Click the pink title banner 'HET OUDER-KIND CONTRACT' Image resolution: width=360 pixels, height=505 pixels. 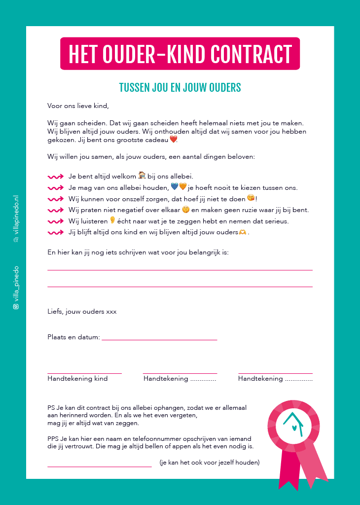[180, 54]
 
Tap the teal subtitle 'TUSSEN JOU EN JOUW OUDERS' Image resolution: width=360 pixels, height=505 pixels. [180, 88]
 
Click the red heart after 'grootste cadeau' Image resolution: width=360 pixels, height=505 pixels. [173, 140]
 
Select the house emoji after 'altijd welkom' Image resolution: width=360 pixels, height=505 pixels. [142, 175]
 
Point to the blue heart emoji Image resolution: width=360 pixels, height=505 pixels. [174, 186]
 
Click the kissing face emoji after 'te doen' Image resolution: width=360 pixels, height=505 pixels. [251, 198]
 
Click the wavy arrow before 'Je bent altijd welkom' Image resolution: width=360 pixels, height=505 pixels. [55, 177]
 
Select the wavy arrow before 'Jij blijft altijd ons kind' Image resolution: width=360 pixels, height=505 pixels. [55, 232]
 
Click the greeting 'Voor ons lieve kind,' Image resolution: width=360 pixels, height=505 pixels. [78, 106]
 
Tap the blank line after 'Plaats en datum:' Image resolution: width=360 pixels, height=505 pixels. [159, 339]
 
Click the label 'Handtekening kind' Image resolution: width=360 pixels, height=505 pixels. [77, 379]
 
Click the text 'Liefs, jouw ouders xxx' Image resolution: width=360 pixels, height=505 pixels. [82, 312]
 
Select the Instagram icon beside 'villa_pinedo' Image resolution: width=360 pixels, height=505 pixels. [16, 306]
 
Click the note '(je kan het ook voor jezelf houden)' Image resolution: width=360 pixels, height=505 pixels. [210, 463]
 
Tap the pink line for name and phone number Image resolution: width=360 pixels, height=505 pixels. [100, 466]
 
